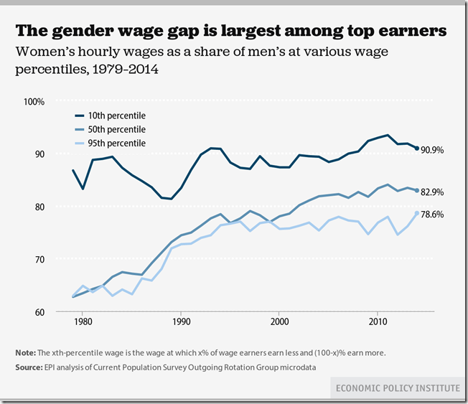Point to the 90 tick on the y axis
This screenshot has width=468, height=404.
coord(39,154)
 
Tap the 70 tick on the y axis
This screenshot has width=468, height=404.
coord(39,259)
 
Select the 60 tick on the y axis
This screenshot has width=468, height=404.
coord(39,312)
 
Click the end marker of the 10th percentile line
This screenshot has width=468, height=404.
coord(416,149)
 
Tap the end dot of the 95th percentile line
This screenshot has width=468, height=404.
coord(416,213)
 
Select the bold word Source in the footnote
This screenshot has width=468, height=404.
coord(29,367)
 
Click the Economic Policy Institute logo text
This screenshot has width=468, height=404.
coord(398,388)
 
